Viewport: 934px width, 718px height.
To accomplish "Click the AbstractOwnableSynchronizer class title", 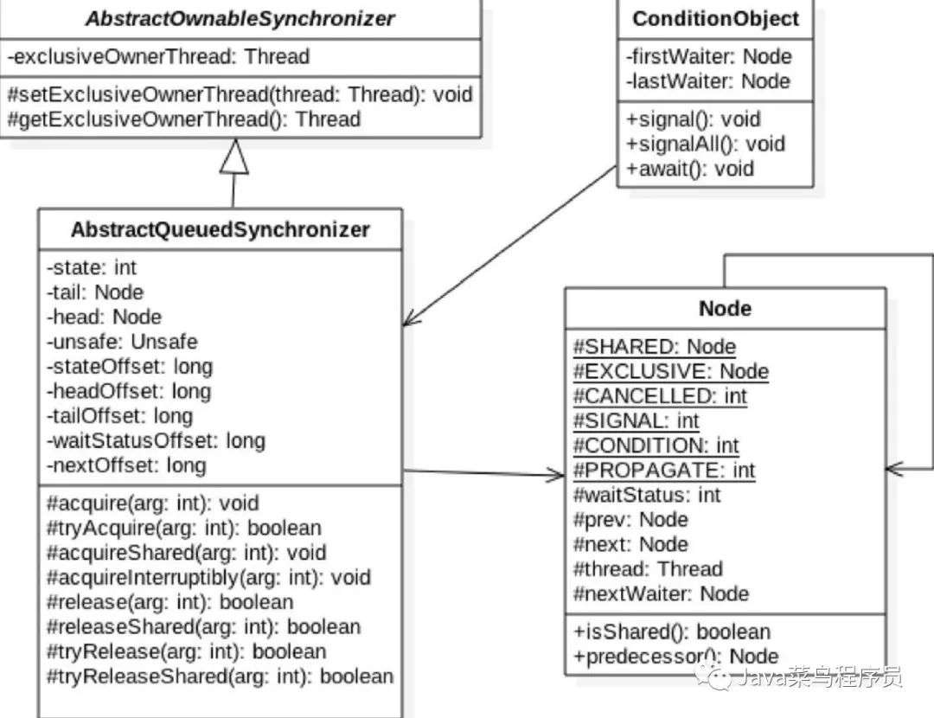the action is (x=240, y=19).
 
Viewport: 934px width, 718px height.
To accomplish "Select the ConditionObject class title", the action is (x=715, y=19).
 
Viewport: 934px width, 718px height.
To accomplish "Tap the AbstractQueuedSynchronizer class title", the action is (x=221, y=229).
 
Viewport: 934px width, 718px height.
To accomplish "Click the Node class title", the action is (x=725, y=309).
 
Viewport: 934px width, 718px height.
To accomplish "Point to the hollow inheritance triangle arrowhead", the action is (x=234, y=156).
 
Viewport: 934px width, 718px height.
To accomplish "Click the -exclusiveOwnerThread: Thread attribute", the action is (x=158, y=56).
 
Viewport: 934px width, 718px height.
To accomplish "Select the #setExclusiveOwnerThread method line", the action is (x=240, y=94).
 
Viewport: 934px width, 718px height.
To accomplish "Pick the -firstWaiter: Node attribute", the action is (x=709, y=56).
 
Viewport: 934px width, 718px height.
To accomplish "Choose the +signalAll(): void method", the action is (x=706, y=144).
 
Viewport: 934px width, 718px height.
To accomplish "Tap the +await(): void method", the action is (x=690, y=170).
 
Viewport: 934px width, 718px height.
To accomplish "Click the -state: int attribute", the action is (x=92, y=267).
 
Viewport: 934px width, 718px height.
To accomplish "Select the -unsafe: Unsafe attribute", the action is (x=122, y=342).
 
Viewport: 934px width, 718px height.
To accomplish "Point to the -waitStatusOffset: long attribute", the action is (x=156, y=441).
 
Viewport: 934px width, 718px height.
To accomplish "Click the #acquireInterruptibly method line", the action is (x=209, y=577).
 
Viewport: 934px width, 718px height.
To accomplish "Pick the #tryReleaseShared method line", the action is (x=221, y=676).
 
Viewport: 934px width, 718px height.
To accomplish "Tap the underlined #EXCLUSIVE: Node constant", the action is (x=671, y=372).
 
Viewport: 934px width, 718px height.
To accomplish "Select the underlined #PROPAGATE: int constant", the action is (x=663, y=471).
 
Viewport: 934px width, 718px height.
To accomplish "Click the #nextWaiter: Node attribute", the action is (x=661, y=594).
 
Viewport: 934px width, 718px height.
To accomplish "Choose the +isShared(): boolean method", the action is (x=672, y=631).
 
